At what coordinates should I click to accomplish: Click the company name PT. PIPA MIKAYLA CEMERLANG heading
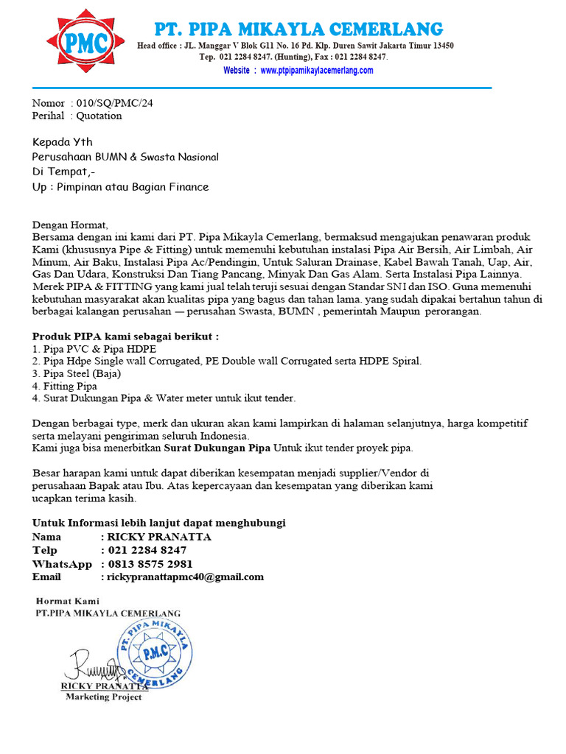click(x=298, y=29)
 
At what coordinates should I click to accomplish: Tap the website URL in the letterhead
click(x=298, y=71)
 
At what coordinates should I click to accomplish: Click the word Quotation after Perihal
click(x=99, y=116)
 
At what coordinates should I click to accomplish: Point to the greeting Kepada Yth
click(x=63, y=142)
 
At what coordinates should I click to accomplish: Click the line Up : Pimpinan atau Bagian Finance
click(x=120, y=187)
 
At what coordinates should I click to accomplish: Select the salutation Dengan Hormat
click(x=70, y=225)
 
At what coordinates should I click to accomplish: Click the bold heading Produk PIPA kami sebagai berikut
click(x=125, y=337)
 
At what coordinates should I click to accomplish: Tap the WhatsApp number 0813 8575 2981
click(x=150, y=564)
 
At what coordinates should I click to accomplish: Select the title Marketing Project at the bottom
click(x=103, y=697)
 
